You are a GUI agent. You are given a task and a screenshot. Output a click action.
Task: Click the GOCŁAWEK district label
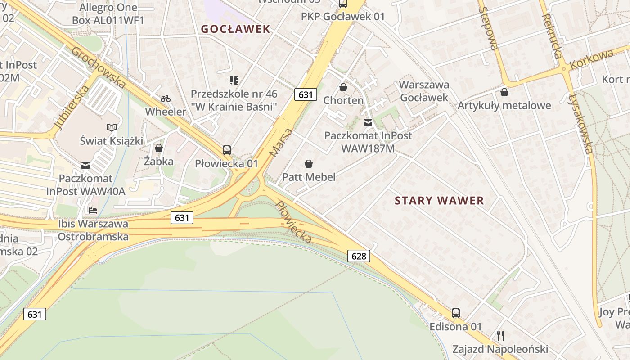tap(235, 29)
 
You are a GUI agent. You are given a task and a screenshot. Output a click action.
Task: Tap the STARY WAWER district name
tap(439, 201)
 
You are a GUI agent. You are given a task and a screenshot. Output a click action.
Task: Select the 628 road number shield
tap(359, 256)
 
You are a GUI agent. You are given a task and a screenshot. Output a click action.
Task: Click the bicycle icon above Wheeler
tap(166, 98)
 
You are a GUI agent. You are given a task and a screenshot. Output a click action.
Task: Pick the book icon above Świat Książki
tap(111, 128)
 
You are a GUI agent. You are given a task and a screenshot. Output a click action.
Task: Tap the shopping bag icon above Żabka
tap(158, 148)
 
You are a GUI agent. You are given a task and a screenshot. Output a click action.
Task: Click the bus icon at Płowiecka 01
tap(227, 150)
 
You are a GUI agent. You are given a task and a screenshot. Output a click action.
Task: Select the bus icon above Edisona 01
tap(456, 313)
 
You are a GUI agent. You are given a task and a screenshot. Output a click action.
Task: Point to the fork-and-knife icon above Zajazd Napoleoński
tap(500, 335)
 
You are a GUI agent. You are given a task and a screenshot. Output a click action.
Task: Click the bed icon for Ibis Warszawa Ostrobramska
tap(93, 210)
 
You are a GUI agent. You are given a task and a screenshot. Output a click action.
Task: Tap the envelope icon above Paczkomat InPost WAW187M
tap(368, 122)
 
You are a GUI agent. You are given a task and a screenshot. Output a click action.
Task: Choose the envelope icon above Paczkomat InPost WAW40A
tap(85, 166)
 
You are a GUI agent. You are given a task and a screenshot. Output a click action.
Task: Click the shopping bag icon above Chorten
tap(343, 87)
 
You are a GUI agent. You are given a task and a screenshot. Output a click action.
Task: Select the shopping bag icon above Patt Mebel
tap(309, 164)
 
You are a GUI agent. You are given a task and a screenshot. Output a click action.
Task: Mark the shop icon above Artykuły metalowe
tap(504, 92)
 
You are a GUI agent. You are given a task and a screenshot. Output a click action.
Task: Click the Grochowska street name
tap(99, 67)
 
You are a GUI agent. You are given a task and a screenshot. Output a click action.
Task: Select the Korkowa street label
tap(591, 59)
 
